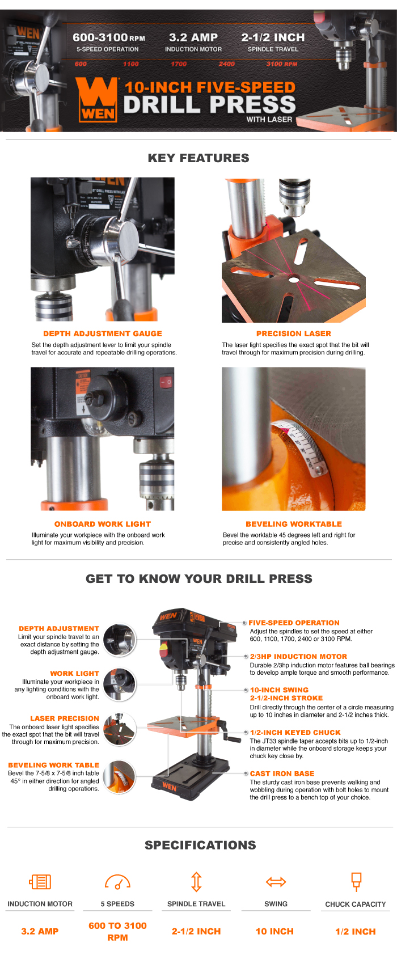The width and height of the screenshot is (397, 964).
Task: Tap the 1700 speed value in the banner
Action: coord(179,64)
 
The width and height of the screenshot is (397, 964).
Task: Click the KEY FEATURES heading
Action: coord(198,158)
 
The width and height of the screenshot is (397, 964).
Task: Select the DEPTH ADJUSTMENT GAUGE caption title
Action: coord(103,334)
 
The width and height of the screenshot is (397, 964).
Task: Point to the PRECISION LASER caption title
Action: coord(294,334)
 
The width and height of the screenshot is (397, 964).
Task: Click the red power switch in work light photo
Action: coord(166,382)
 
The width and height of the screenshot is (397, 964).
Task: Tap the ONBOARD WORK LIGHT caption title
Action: coord(103,524)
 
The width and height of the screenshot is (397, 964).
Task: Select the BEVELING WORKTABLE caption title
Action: coord(294,524)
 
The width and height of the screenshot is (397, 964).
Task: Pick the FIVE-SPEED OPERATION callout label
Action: coord(294,623)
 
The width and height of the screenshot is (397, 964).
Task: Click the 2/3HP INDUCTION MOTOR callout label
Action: coord(298,657)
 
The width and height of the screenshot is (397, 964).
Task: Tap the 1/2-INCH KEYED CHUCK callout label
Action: coord(295,733)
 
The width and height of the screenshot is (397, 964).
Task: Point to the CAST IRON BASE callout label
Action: coord(282,773)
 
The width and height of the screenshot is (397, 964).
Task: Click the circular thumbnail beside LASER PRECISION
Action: coord(120,729)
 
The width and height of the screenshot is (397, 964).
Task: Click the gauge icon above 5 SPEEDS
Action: coord(117,882)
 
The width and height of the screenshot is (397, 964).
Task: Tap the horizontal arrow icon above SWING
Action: coord(276,882)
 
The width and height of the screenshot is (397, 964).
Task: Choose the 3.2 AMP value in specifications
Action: coord(40,931)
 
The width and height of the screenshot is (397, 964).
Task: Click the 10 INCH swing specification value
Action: coord(274,931)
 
